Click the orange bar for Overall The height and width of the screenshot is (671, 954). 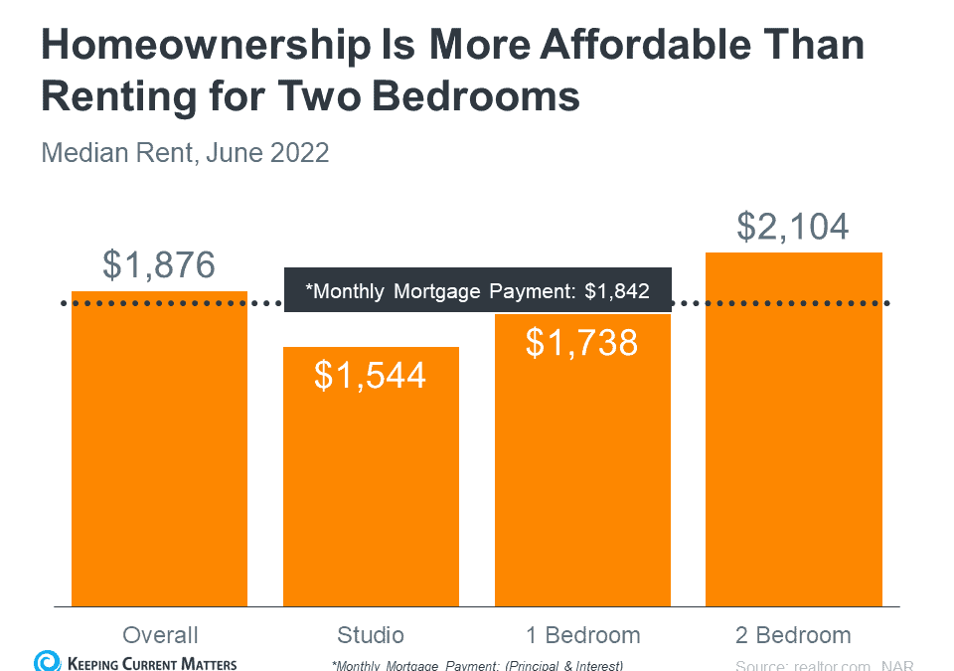pos(159,457)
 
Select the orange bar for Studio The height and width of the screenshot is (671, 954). pos(371,487)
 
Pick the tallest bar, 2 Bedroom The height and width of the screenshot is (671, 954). pos(793,437)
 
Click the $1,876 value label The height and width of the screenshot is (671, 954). pos(159,265)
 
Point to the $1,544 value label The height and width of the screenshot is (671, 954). pos(371,375)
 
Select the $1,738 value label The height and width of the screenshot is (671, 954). pos(582,342)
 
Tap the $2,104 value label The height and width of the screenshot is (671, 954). pos(793,226)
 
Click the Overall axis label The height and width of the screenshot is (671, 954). pos(160,635)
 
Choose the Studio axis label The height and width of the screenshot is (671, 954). pos(371,635)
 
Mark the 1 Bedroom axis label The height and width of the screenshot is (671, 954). pos(582,635)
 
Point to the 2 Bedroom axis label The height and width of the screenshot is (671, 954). pos(793,635)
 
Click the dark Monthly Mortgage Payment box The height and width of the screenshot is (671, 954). pos(477,290)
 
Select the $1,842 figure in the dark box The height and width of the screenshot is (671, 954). pos(616,291)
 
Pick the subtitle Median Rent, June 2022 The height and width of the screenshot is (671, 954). pos(185,154)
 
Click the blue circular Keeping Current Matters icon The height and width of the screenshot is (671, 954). pos(46,661)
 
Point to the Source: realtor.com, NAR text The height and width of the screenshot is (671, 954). pos(824,665)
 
